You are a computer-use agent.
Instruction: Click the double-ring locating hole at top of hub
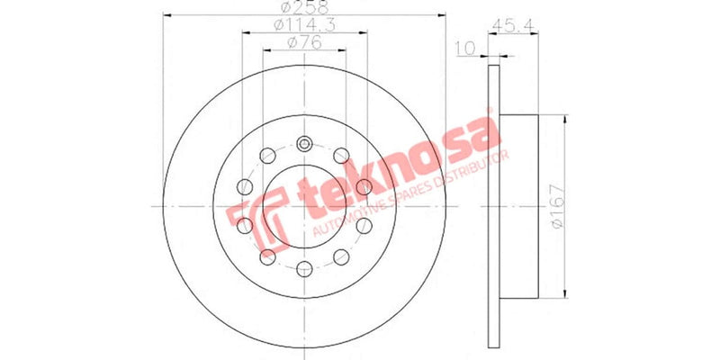coord(304,146)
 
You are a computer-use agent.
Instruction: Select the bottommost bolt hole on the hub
coord(304,267)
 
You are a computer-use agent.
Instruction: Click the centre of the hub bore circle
coord(304,206)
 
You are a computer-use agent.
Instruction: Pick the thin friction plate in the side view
coord(492,206)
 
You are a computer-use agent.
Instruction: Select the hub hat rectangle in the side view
coord(517,206)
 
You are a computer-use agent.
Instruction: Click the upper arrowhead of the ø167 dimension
coord(565,121)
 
